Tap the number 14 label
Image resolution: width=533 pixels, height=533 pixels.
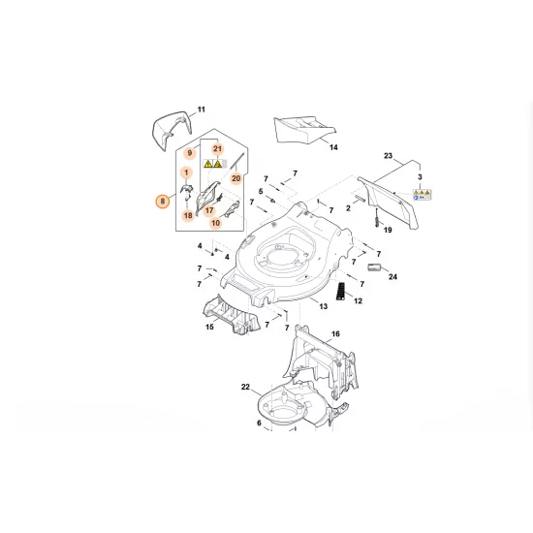333,147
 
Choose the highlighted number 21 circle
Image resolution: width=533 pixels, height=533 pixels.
218,148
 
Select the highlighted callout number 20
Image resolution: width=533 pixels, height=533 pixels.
235,178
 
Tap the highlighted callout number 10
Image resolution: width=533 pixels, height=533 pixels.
215,223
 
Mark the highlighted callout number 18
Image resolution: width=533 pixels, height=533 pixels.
187,216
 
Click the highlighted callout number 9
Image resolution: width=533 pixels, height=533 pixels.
190,154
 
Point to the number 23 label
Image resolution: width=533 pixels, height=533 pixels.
388,156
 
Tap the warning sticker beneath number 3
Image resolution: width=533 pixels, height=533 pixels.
420,194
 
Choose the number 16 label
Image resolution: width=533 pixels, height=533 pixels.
335,334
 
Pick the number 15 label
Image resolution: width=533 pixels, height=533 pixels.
209,328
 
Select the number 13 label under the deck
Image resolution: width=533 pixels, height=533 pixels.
324,306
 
